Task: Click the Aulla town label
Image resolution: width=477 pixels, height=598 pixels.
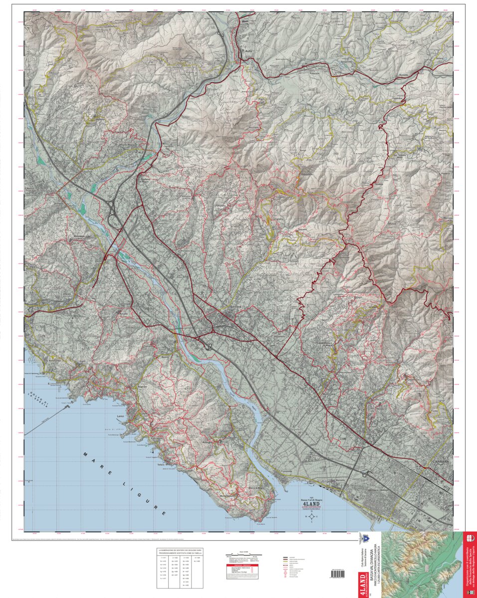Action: (247, 51)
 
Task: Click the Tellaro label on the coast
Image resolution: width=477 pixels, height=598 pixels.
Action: (147, 464)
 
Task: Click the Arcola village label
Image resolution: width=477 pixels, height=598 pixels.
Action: (123, 312)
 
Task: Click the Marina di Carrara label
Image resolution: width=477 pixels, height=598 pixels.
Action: (339, 480)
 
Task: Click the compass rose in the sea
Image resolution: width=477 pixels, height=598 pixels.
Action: (312, 517)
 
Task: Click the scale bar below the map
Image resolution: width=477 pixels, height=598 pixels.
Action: (241, 554)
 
